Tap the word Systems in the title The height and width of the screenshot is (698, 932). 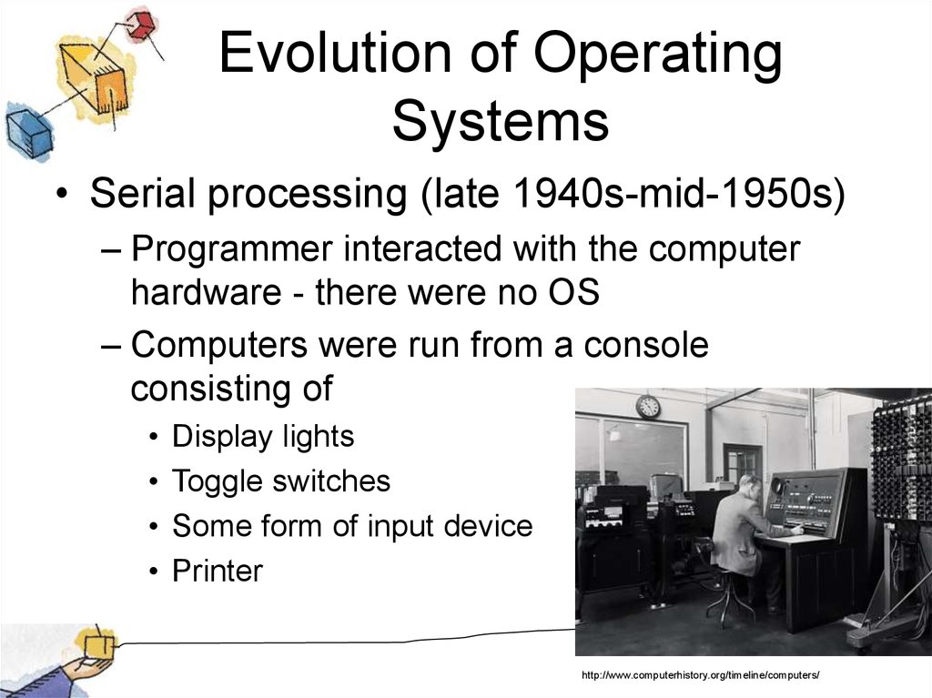(x=501, y=120)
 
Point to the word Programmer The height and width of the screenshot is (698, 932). (x=232, y=249)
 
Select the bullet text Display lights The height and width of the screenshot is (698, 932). (x=263, y=437)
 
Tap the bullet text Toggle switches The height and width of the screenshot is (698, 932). (x=281, y=481)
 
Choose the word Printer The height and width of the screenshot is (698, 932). (x=218, y=571)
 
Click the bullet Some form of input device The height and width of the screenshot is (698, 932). (x=352, y=526)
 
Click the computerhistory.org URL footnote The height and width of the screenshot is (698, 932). (x=701, y=675)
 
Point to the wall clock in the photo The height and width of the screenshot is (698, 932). (x=648, y=407)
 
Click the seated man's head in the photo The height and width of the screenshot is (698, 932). (x=751, y=485)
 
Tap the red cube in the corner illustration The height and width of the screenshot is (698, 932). (x=141, y=25)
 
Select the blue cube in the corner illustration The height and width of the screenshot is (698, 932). (x=28, y=129)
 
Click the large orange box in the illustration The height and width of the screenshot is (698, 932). (x=94, y=77)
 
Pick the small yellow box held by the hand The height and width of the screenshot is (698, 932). (x=97, y=646)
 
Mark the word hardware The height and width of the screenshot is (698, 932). (x=207, y=292)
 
